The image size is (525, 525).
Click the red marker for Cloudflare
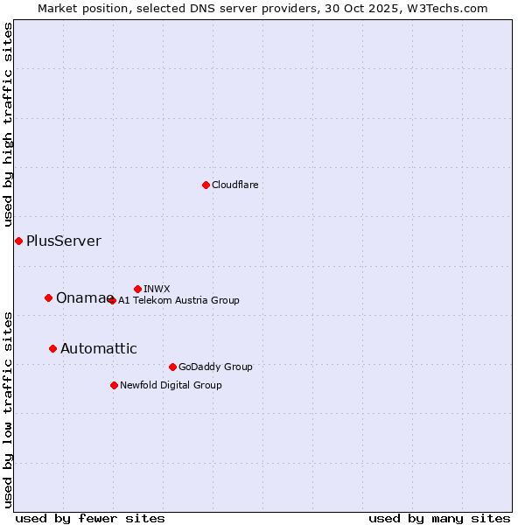click(x=206, y=185)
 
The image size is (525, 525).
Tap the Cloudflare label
click(x=235, y=185)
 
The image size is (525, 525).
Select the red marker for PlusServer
click(x=18, y=241)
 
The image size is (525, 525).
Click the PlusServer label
click(x=64, y=241)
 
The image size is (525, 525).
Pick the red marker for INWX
click(x=137, y=289)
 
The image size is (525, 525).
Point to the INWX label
click(x=157, y=289)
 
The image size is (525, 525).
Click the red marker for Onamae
click(x=48, y=297)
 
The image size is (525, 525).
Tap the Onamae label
click(x=81, y=298)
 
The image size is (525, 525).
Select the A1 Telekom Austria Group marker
click(x=112, y=300)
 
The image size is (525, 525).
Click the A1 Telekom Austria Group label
click(x=178, y=300)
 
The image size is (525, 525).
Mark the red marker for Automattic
click(x=52, y=348)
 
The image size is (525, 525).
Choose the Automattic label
click(x=99, y=349)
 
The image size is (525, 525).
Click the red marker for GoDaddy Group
click(x=172, y=367)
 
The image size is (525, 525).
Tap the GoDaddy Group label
click(x=215, y=367)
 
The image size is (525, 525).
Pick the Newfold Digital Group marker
click(x=114, y=385)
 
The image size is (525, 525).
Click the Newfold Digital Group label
click(x=171, y=385)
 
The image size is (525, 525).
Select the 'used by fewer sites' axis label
click(x=90, y=518)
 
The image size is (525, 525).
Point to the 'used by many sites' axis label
click(x=439, y=518)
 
